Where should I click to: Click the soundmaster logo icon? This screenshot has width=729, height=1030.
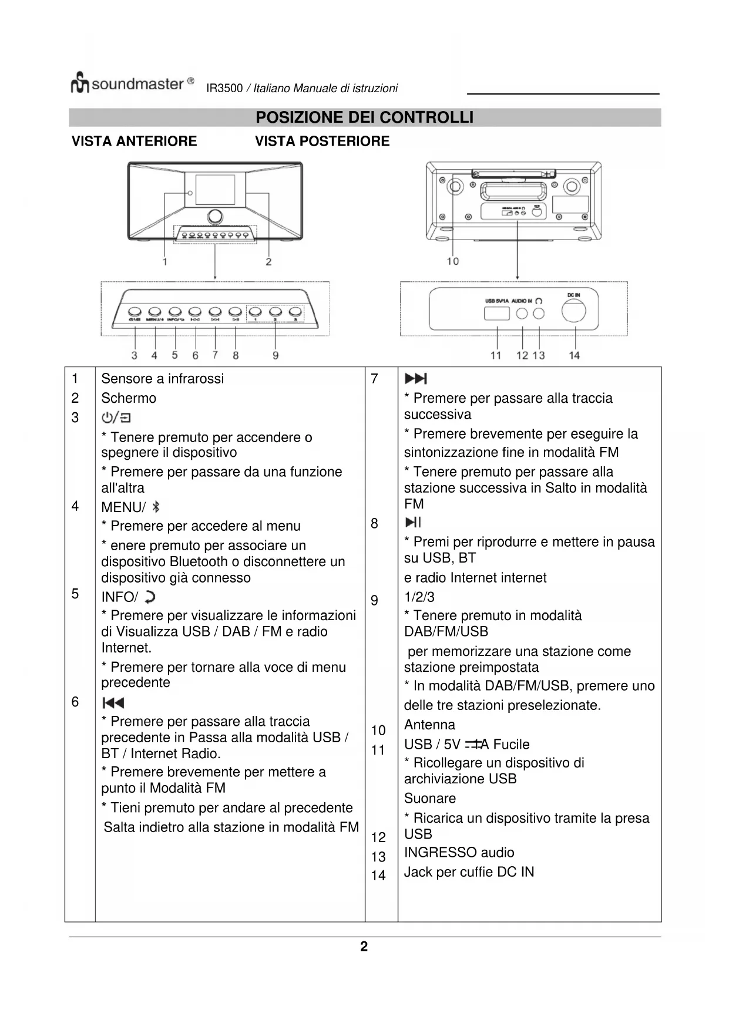(x=80, y=83)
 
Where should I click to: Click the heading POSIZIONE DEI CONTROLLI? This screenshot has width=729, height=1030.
(x=364, y=117)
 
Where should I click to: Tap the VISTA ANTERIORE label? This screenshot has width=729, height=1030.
(x=134, y=142)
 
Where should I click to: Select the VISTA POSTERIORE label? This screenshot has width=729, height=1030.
(x=322, y=142)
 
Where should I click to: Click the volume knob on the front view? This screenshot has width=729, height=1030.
(x=215, y=216)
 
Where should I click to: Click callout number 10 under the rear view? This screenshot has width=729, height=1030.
(x=452, y=261)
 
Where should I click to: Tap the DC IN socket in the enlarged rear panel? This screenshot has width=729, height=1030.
(x=573, y=311)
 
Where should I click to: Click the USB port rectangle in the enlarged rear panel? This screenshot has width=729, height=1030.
(x=496, y=314)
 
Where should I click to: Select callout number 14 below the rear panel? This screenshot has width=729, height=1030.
(x=574, y=355)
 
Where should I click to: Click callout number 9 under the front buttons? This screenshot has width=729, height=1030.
(x=275, y=355)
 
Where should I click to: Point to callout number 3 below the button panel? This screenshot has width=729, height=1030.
(x=135, y=355)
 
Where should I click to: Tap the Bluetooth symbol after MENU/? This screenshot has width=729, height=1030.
(x=156, y=507)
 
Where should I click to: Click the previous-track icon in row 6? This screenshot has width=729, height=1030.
(x=113, y=703)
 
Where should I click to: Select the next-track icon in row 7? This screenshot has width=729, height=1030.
(x=416, y=379)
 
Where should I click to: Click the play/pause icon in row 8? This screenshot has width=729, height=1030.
(x=413, y=522)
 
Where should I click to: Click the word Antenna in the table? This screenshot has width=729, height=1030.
(x=429, y=725)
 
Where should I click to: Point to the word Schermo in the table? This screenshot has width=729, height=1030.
(x=129, y=398)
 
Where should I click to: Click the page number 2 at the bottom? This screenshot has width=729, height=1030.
(x=364, y=947)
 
